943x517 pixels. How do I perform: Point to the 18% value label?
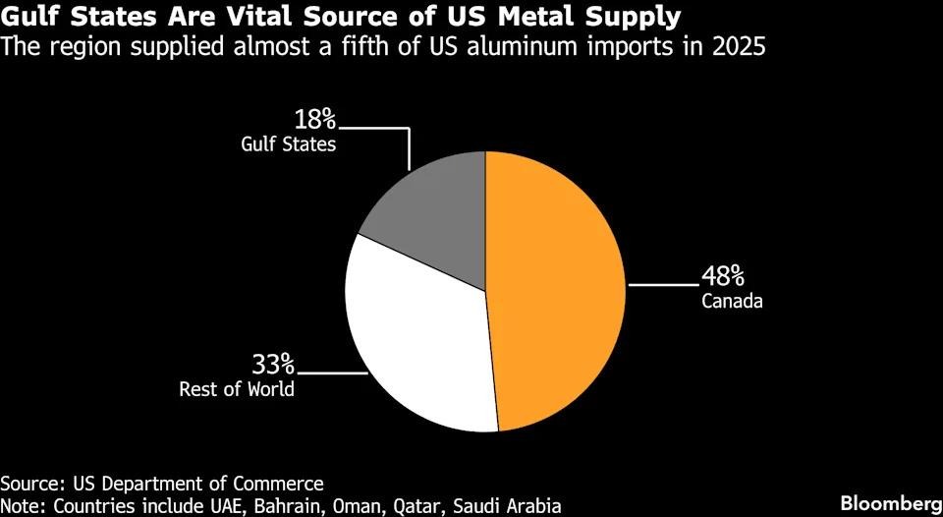pos(314,120)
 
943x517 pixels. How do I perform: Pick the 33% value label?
pos(273,365)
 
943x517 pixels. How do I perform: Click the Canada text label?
pos(732,302)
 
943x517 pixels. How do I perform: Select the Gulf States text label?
pos(289,145)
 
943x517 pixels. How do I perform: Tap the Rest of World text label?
pos(237,389)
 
